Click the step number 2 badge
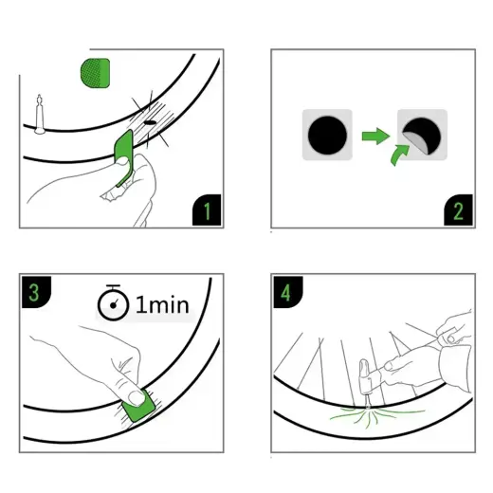tap(457, 210)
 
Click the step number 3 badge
tap(34, 291)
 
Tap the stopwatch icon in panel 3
tap(113, 305)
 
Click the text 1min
tap(164, 306)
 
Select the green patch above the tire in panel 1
tap(96, 72)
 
